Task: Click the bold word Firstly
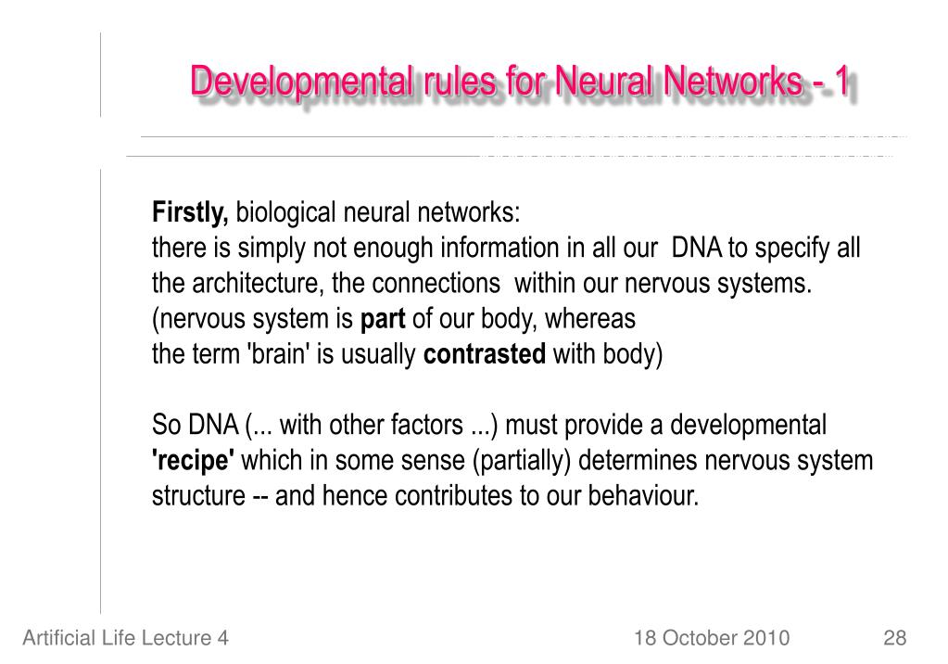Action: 190,214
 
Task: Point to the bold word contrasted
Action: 485,355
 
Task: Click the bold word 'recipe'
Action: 193,461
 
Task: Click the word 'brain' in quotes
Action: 278,355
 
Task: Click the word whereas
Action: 590,320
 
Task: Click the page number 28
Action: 894,638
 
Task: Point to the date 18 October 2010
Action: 712,638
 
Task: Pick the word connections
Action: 436,285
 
